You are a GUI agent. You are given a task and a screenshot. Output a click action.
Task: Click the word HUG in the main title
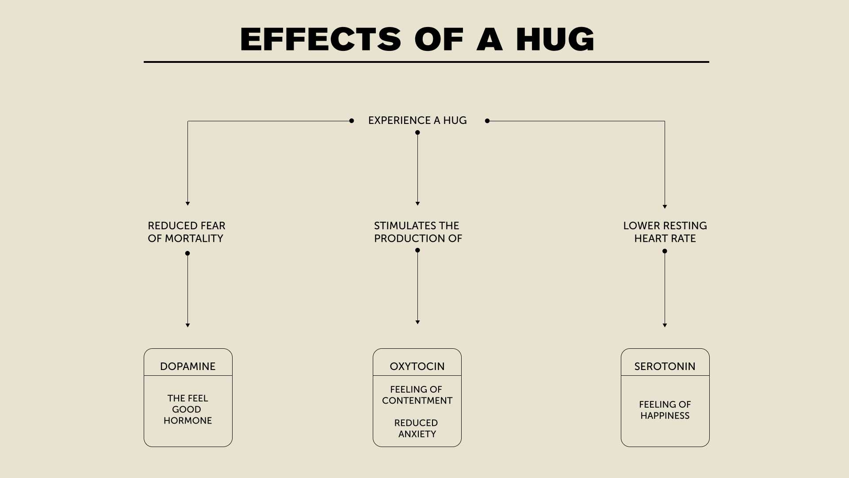click(555, 39)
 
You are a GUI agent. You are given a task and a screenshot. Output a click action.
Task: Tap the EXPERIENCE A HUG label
click(417, 120)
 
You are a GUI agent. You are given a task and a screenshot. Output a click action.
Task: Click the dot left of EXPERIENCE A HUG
click(352, 121)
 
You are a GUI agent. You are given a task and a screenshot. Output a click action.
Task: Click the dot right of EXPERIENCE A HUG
click(487, 121)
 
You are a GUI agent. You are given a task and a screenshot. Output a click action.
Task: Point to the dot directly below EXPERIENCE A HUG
click(417, 132)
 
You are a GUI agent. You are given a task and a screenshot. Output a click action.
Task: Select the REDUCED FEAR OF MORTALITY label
click(186, 232)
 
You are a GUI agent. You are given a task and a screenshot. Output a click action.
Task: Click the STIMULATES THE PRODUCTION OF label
click(417, 232)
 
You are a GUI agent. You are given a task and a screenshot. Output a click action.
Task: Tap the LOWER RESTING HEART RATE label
click(665, 232)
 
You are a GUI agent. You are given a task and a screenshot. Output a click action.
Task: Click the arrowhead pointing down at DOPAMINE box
click(187, 325)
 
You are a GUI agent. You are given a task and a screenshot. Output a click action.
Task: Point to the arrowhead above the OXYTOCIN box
click(417, 322)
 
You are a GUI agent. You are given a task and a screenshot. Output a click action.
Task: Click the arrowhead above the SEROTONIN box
click(665, 325)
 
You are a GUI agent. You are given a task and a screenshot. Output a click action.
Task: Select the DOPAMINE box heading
click(187, 366)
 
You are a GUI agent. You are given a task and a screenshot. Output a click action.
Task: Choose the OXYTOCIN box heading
click(417, 366)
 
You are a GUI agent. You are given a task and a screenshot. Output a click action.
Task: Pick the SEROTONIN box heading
click(665, 366)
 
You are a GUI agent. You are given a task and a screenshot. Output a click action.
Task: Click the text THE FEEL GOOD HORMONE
click(187, 409)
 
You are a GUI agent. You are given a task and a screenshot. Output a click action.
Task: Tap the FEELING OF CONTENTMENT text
click(417, 395)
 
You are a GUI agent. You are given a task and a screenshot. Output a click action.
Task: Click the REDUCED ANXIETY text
click(417, 428)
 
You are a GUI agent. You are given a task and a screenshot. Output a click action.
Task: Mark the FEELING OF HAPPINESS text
click(665, 410)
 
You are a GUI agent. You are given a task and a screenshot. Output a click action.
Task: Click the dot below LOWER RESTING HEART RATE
click(665, 251)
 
